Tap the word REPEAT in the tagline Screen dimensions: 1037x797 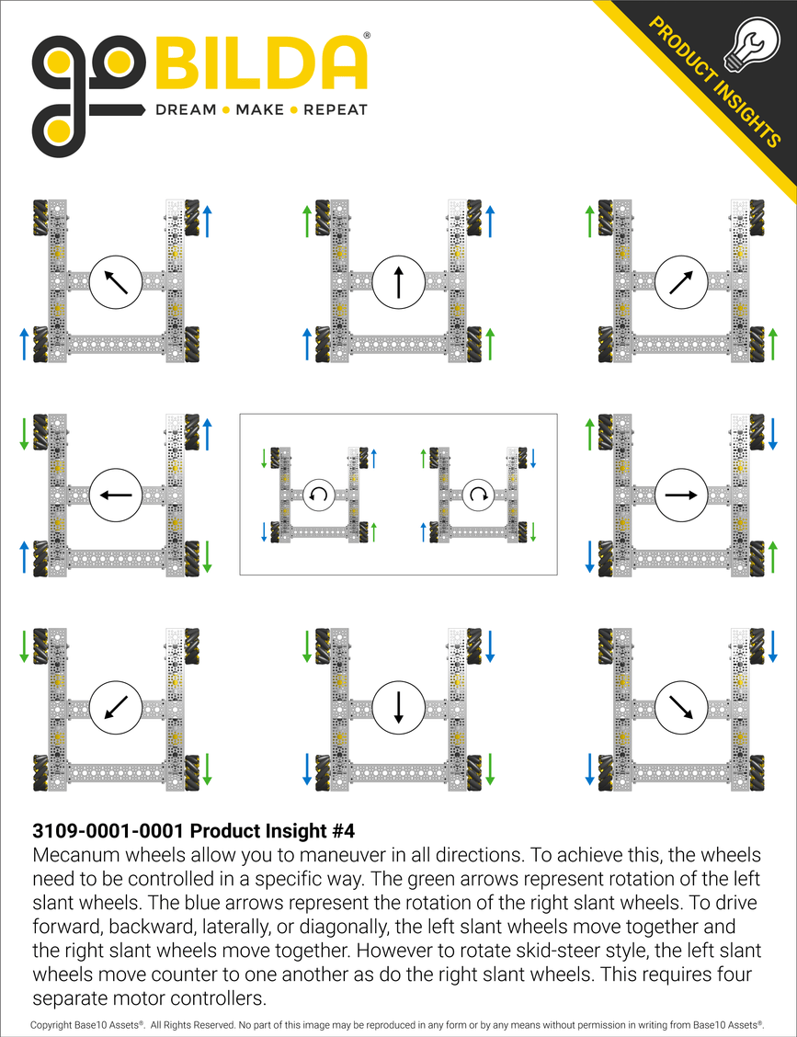pos(336,110)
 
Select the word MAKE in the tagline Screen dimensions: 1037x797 pos(260,110)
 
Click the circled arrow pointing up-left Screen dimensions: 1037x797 pos(115,281)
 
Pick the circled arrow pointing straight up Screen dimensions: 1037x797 pos(398,281)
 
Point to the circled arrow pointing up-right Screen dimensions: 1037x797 pos(681,281)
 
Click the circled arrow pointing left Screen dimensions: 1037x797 pos(115,495)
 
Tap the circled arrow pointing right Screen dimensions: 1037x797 pos(681,495)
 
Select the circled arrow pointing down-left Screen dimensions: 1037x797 pos(115,708)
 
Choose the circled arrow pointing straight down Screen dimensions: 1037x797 pos(398,708)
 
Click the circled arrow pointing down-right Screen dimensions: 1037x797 pos(681,708)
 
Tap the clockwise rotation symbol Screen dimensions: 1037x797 pos(478,495)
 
